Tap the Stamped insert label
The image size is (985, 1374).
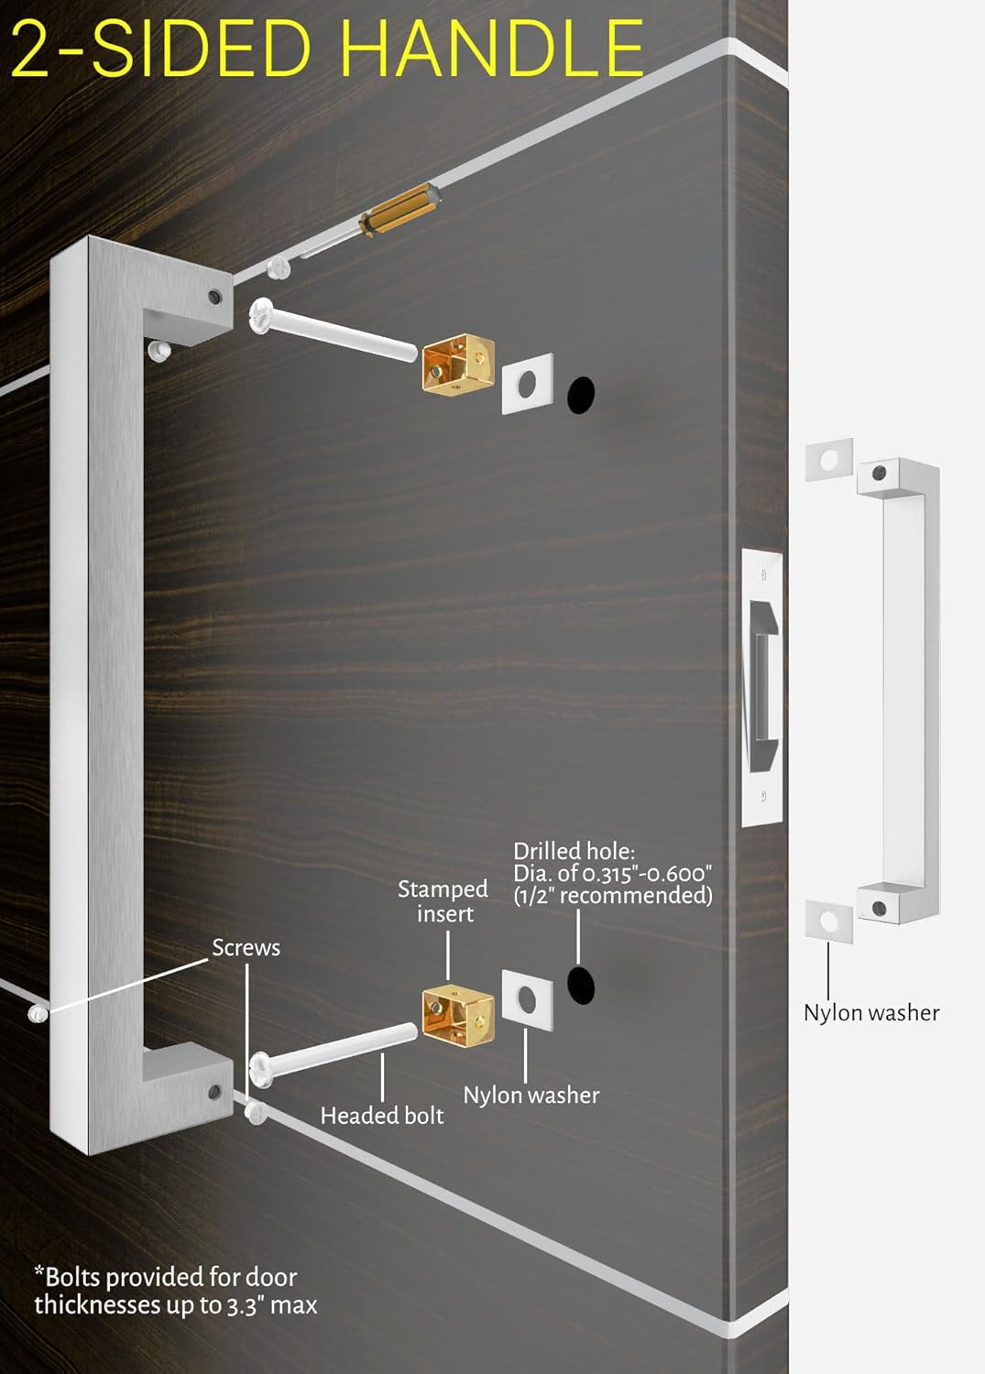pos(443,901)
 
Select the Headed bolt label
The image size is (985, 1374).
pos(381,1115)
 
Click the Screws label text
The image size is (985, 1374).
pos(246,947)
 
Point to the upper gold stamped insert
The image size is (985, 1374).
pos(457,365)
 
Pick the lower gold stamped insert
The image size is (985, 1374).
pos(457,1014)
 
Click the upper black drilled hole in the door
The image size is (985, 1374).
pos(581,393)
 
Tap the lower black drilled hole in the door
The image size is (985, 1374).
pos(581,984)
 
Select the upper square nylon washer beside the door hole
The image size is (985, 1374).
pos(527,383)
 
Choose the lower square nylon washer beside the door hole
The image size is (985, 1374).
pos(527,999)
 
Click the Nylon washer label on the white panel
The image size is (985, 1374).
pos(870,1012)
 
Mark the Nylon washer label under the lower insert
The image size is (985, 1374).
pos(531,1095)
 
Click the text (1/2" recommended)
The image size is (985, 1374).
pos(612,895)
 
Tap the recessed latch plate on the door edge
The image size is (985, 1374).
pos(762,687)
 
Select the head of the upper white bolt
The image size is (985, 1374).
pos(261,316)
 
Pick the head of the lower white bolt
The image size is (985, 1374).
pos(261,1070)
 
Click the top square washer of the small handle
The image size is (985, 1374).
pos(829,459)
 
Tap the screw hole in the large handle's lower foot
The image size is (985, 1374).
pos(215,1092)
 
